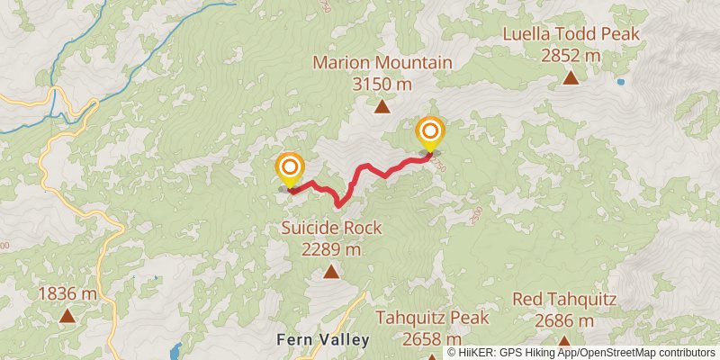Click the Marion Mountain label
click(382, 63)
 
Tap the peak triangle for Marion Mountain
click(382, 107)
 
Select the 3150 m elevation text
click(382, 85)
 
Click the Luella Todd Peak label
click(571, 34)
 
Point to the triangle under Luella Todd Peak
click(571, 77)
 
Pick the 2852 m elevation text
click(571, 56)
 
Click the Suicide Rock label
click(331, 229)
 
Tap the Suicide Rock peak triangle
click(331, 272)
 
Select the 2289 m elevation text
click(331, 249)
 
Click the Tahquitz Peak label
click(432, 318)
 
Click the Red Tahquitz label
click(564, 299)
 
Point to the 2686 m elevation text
click(564, 320)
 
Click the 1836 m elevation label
click(67, 293)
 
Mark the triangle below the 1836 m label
click(67, 315)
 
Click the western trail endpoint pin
click(289, 169)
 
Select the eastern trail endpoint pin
click(429, 132)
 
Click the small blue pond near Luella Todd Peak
click(620, 82)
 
